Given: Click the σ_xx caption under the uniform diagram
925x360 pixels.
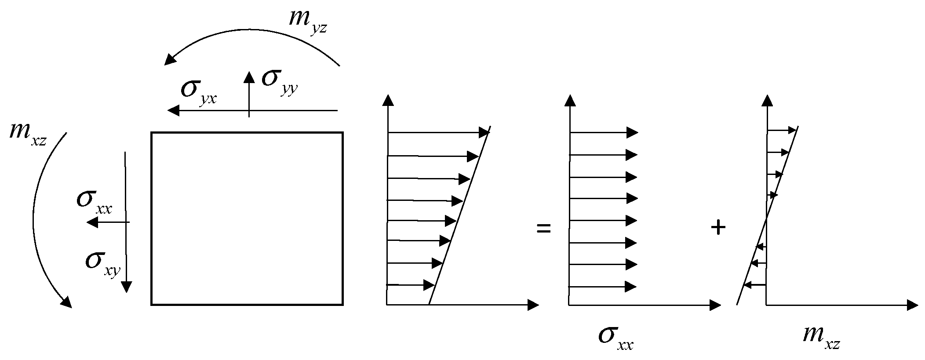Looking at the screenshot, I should tap(615, 339).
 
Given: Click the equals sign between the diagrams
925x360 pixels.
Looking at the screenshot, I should tap(544, 229).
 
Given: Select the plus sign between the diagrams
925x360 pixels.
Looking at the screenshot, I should tap(718, 228).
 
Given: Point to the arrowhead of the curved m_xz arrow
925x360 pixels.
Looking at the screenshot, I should tap(66, 302).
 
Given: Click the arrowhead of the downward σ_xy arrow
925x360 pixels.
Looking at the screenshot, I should tap(126, 287).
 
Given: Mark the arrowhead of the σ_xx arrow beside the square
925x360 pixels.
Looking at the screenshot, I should tap(92, 222).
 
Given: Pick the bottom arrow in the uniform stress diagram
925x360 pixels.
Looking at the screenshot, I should tap(602, 287).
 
